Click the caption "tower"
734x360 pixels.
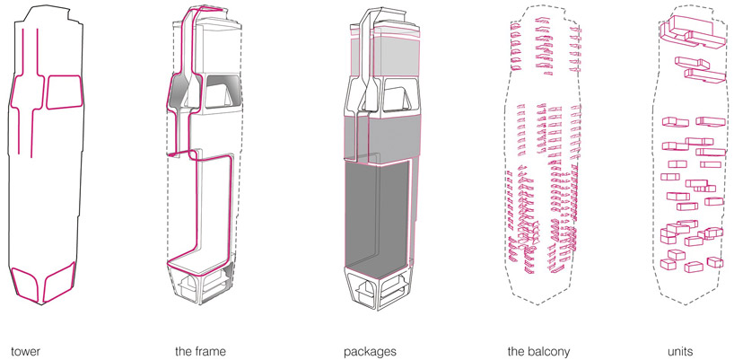pos(25,351)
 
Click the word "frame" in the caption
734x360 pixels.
pos(210,351)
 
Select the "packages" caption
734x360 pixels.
pos(370,352)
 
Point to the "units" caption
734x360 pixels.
pos(680,352)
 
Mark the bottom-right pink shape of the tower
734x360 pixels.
pos(59,282)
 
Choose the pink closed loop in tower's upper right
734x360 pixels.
pos(65,92)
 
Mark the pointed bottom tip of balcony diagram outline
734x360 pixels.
pos(544,305)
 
